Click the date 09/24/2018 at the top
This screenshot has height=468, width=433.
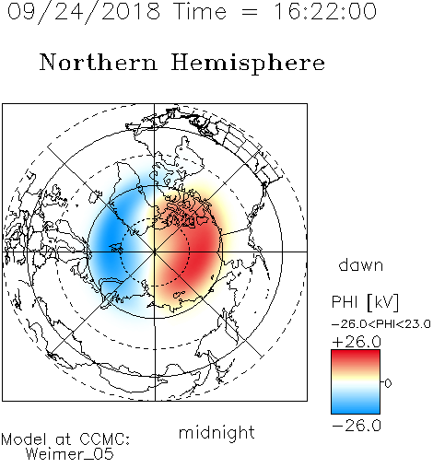click(x=84, y=12)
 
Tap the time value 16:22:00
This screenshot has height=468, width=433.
click(x=325, y=11)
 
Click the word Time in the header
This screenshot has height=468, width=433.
click(x=200, y=11)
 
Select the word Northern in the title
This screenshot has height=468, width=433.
click(x=99, y=62)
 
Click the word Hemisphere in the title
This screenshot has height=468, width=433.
click(x=248, y=64)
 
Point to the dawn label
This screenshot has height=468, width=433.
click(x=361, y=264)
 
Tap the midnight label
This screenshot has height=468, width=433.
click(x=216, y=433)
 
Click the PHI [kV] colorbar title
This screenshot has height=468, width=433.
click(x=365, y=302)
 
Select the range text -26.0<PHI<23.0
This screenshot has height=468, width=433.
click(x=381, y=324)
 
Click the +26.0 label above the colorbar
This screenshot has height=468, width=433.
click(x=357, y=342)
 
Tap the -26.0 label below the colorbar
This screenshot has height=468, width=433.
click(x=357, y=426)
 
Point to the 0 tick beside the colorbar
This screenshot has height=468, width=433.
click(x=388, y=383)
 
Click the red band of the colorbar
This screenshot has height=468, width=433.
click(x=356, y=357)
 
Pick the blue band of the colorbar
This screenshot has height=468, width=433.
click(x=356, y=405)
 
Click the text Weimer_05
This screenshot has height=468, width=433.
click(x=70, y=454)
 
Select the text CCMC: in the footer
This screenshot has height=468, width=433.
click(x=105, y=439)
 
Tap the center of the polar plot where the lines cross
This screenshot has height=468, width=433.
click(x=155, y=252)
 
